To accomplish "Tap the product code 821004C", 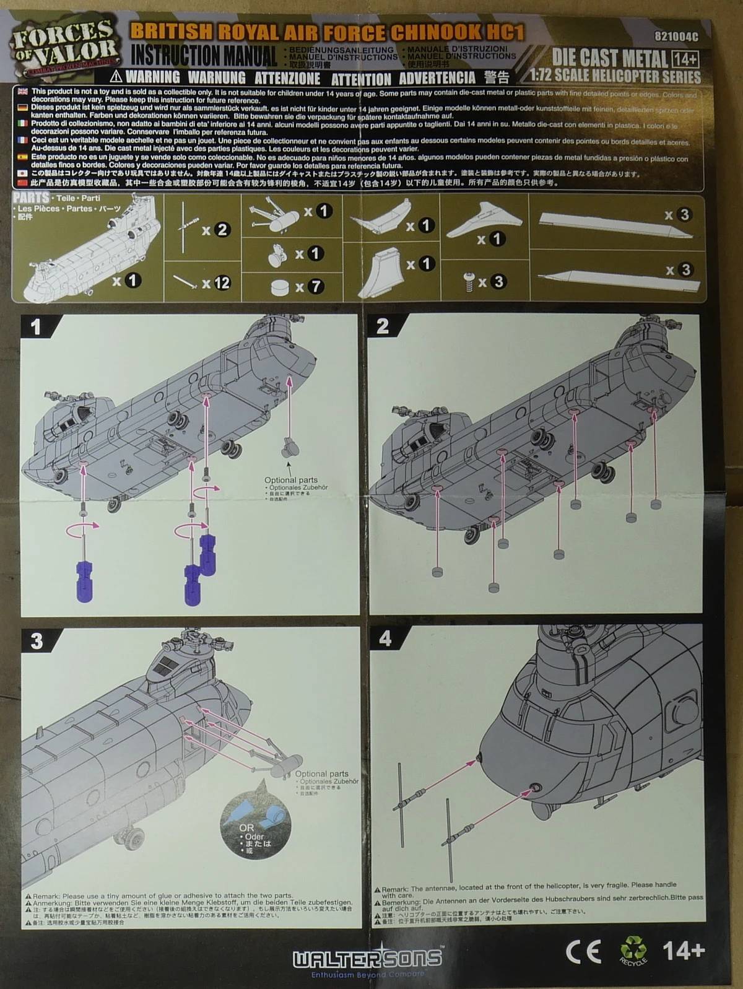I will [x=676, y=37].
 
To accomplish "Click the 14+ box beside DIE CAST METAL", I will [x=685, y=59].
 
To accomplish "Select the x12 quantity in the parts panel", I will [x=216, y=284].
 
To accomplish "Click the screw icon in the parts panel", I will [x=469, y=282].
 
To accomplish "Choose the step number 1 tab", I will [x=37, y=326].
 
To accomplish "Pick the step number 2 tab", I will [x=383, y=326].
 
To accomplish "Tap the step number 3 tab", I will [x=37, y=640].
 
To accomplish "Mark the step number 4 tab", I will [x=385, y=638].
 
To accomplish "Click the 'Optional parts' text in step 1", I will [x=290, y=480].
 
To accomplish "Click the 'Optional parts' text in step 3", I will [x=321, y=773].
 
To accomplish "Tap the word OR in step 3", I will [x=246, y=827].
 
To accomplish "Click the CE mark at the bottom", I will [x=583, y=951].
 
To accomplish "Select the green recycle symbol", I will [x=633, y=949].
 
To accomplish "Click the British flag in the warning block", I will [x=22, y=92].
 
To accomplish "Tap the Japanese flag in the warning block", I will [x=22, y=173].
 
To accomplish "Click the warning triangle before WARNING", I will [x=115, y=77].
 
